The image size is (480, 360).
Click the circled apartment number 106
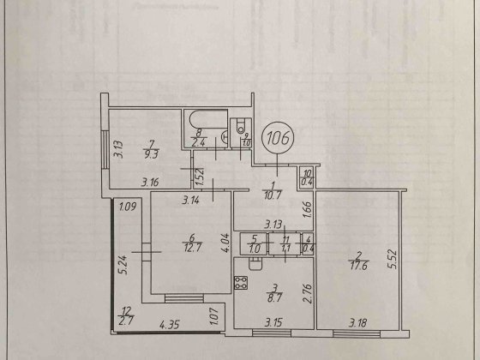coord(276,135)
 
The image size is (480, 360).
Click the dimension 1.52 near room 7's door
coord(198,178)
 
